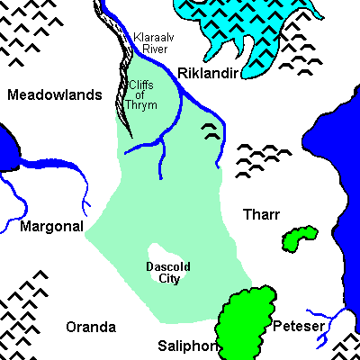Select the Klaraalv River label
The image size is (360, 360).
150,42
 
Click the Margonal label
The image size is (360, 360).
51,226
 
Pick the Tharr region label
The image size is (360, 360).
262,214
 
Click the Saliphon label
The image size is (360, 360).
187,346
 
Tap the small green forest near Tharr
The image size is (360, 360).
299,238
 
